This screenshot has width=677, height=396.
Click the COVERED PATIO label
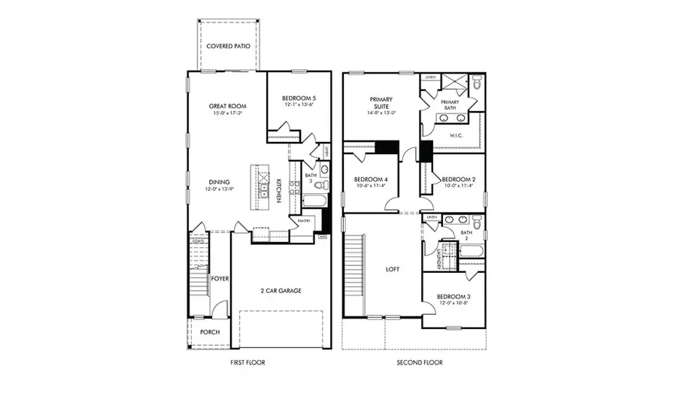[229, 45]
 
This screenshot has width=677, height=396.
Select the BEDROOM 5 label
[299, 98]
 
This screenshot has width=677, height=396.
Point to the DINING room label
[219, 181]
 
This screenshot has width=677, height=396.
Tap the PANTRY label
[303, 221]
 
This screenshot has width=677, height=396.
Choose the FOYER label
[219, 279]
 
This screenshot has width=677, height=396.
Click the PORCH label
[210, 331]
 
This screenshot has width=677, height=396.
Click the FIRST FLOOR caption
[247, 362]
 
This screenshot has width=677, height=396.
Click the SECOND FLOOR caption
[420, 362]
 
